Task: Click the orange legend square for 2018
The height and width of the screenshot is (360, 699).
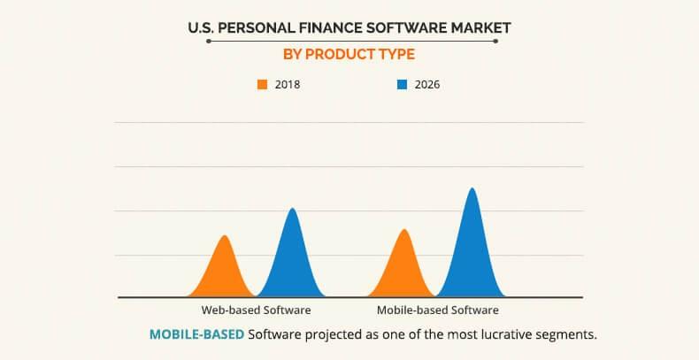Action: tap(262, 85)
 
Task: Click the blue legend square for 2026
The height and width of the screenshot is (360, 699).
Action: tap(402, 85)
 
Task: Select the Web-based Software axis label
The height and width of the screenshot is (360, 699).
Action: tap(256, 310)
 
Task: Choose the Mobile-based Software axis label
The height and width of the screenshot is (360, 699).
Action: tap(438, 310)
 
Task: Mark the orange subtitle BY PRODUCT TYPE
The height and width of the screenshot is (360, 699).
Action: tap(349, 54)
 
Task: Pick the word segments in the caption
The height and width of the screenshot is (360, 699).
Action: tap(565, 334)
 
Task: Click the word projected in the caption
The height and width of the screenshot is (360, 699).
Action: tap(337, 334)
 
